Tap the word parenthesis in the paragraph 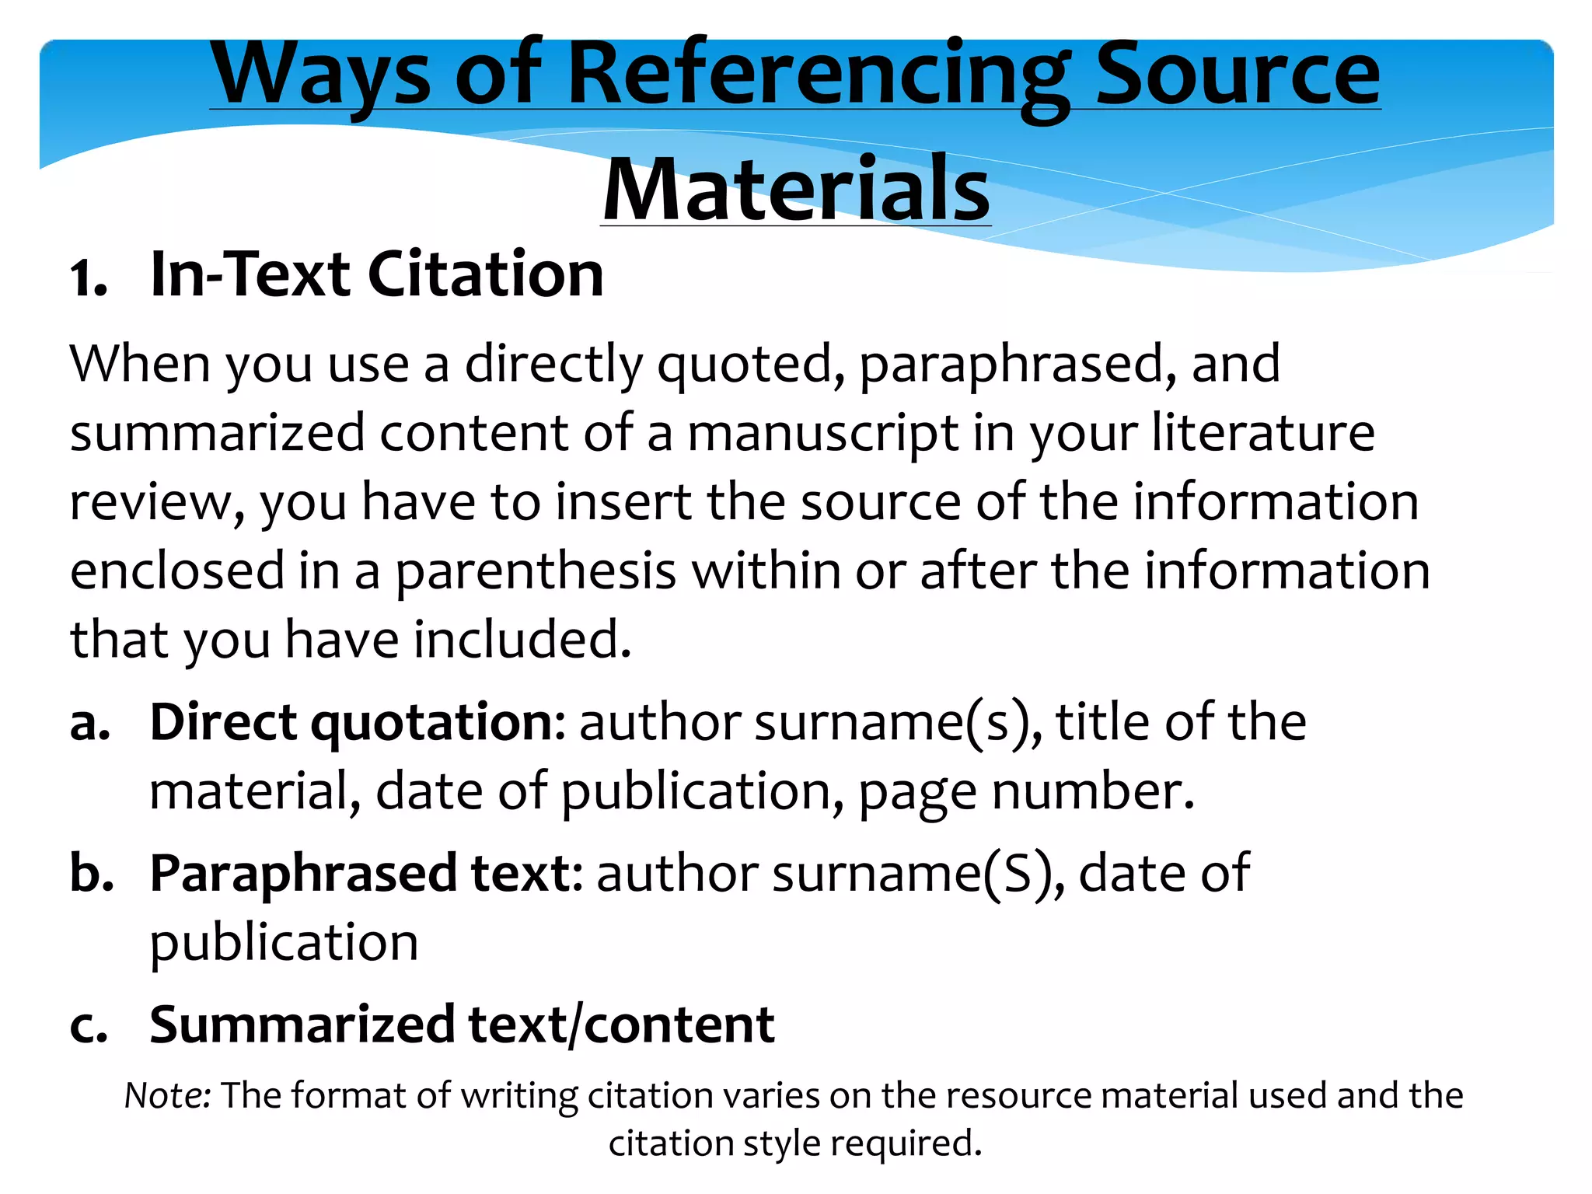click(x=536, y=571)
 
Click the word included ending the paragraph click(x=522, y=640)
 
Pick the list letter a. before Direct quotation click(x=89, y=723)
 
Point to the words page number click(x=1025, y=792)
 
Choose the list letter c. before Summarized click(x=89, y=1025)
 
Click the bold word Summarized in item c click(x=302, y=1025)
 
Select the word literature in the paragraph click(x=1262, y=433)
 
